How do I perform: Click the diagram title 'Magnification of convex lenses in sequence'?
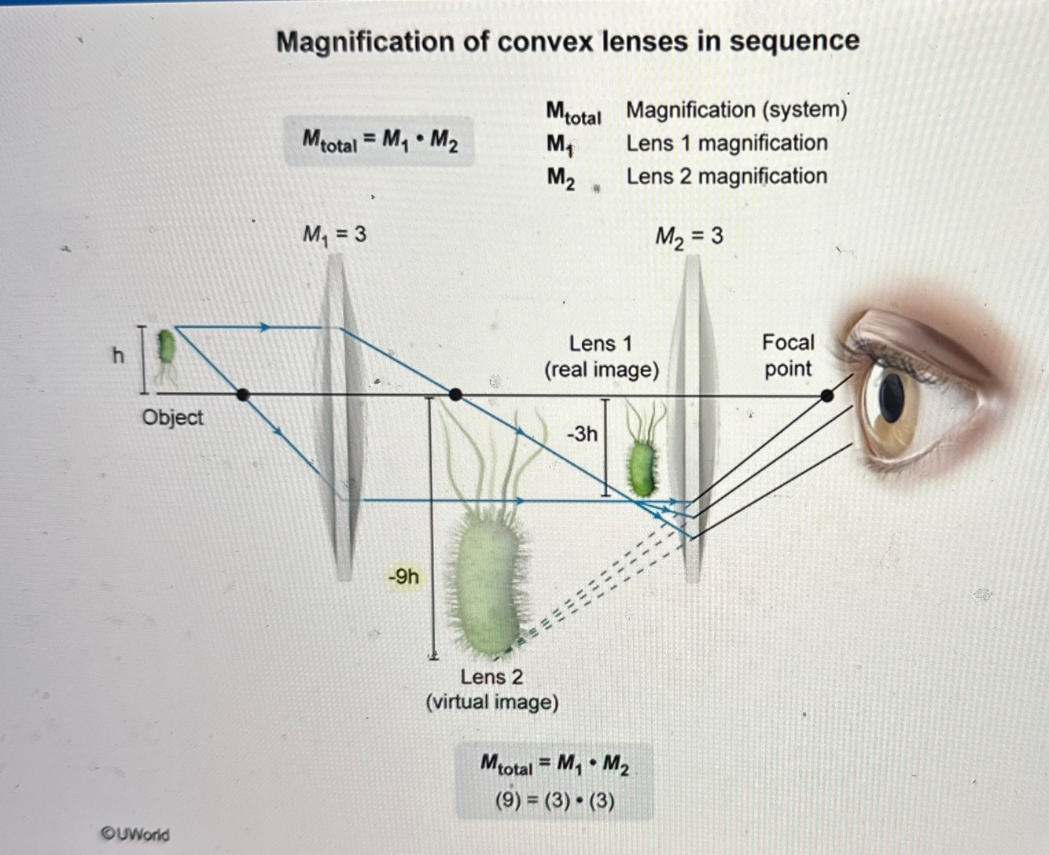pyautogui.click(x=568, y=41)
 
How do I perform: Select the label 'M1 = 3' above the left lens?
pyautogui.click(x=334, y=234)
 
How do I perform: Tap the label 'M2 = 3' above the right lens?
pyautogui.click(x=689, y=236)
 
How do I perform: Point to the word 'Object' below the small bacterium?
pyautogui.click(x=172, y=417)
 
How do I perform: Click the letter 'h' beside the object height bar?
pyautogui.click(x=118, y=356)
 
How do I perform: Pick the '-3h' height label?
pyautogui.click(x=582, y=433)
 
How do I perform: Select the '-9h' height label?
pyautogui.click(x=403, y=577)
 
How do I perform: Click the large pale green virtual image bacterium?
pyautogui.click(x=486, y=582)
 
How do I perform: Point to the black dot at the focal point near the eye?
pyautogui.click(x=826, y=396)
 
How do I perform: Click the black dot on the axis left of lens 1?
pyautogui.click(x=243, y=395)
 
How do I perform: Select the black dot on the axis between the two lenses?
pyautogui.click(x=455, y=395)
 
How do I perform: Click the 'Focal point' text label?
pyautogui.click(x=788, y=356)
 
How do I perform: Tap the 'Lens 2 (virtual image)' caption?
pyautogui.click(x=492, y=689)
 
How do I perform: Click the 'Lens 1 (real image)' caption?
pyautogui.click(x=602, y=356)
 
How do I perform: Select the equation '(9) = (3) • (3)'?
pyautogui.click(x=554, y=801)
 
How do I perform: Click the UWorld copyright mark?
pyautogui.click(x=135, y=834)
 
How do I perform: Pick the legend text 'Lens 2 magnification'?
pyautogui.click(x=727, y=176)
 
